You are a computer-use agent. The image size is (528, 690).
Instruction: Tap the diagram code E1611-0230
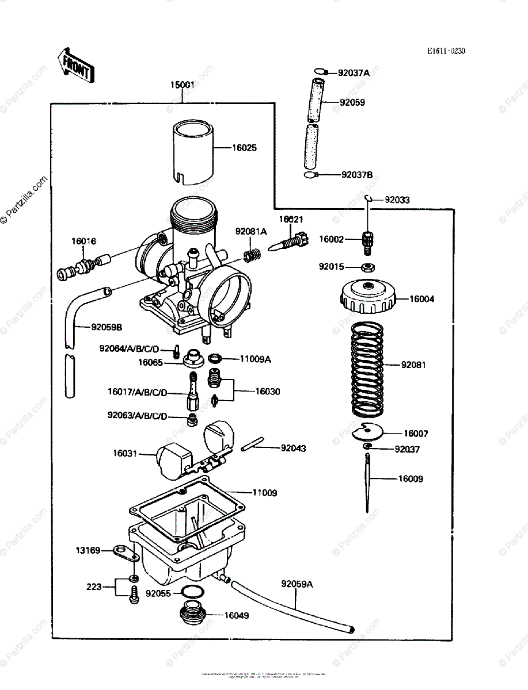(446, 51)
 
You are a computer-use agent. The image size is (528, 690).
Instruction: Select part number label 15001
(182, 85)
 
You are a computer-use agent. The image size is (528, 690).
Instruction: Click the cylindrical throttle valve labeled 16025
(195, 152)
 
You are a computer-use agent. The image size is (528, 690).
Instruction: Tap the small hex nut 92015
(367, 267)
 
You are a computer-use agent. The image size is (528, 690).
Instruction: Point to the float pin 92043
(252, 444)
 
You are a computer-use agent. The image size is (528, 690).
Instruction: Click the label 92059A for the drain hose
(297, 584)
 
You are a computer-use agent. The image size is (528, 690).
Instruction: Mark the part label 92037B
(357, 175)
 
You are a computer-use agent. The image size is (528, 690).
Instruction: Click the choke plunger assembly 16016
(84, 267)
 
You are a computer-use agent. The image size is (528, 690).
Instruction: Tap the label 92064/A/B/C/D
(129, 348)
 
